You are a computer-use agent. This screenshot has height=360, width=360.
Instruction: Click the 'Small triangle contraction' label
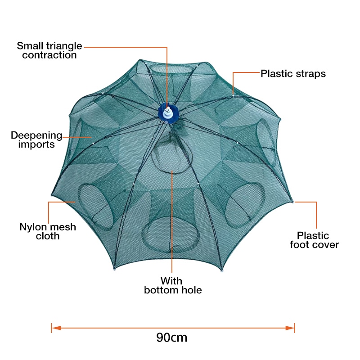coord(49,50)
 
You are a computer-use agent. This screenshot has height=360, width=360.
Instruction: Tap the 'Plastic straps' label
coord(293,74)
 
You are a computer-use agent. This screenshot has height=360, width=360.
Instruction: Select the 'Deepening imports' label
coord(36,139)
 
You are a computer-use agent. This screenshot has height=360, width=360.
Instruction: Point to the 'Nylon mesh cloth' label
coord(48,231)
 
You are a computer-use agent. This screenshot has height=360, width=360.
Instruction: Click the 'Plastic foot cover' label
coord(314,240)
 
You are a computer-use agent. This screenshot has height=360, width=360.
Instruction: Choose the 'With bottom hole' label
coord(173,285)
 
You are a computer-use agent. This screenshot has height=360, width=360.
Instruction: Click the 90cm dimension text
coord(172,337)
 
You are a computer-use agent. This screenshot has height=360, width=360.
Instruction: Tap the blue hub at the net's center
coord(167,112)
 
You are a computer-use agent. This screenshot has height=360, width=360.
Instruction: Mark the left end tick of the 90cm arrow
coord(52,328)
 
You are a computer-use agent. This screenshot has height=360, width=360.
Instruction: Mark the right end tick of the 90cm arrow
coord(295,328)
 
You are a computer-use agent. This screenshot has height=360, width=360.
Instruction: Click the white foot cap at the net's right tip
coord(293,201)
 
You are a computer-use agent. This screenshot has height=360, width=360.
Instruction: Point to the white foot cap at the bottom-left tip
coord(115,270)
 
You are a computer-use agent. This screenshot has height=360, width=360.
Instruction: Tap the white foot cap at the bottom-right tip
coord(221,271)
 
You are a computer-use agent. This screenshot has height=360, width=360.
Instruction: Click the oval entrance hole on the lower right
coord(242,207)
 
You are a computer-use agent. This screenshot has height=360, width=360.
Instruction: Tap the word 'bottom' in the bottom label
coord(161,290)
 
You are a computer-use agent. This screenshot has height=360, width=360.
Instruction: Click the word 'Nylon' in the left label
coord(33,227)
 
